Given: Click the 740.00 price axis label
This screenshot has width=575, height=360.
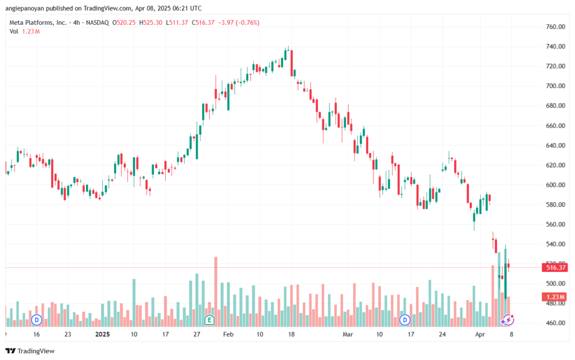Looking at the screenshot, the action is point(555,47).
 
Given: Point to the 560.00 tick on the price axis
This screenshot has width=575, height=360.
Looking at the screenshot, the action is point(555,224).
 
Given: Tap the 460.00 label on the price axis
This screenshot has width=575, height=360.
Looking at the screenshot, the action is point(555,323).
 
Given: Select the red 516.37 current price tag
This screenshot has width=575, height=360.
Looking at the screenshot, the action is point(555,268).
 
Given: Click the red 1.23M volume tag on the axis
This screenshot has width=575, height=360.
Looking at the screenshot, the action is point(555,297).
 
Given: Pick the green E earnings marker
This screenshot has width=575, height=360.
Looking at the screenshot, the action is point(209,320).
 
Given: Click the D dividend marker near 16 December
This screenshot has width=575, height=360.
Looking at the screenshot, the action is point(36,320).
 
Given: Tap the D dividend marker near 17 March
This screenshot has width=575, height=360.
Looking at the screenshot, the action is point(405,320).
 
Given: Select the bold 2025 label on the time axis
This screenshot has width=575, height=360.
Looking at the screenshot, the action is point(102,334).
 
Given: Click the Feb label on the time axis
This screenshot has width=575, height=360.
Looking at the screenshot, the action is point(228,334).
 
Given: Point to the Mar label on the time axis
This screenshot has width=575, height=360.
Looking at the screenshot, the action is point(348,334).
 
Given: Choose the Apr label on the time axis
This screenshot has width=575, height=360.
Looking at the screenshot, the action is point(480,334).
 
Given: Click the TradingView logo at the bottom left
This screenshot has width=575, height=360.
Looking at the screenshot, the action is point(30,351).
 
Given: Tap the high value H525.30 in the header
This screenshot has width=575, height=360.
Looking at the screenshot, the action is point(150,22).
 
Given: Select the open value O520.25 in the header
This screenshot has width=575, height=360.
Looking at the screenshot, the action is point(124,22).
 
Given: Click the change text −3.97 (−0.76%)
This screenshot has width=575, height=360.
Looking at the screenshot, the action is point(239,22).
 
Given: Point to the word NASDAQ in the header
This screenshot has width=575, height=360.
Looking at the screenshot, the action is point(98,22).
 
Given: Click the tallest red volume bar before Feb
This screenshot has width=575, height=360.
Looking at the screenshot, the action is point(216,292).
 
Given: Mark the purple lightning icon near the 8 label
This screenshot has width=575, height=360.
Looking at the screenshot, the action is point(508,320).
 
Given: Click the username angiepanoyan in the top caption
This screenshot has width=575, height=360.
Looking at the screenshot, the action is point(25,8).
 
